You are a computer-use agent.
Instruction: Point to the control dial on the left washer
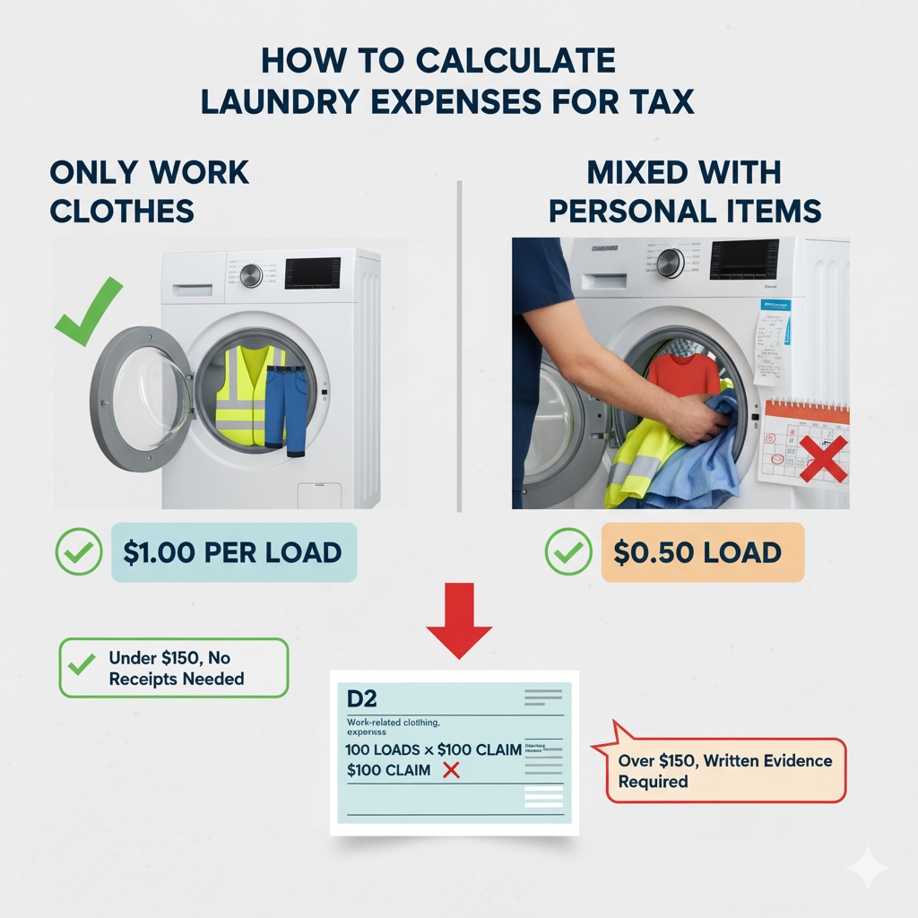251,275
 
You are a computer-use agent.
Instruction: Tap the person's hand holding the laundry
702,418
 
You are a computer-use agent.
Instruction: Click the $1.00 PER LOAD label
233,552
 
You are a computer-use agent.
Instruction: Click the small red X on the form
451,770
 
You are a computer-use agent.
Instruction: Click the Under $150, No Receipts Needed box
174,669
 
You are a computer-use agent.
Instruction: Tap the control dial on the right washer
670,263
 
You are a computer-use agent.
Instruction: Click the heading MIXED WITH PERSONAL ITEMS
685,191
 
